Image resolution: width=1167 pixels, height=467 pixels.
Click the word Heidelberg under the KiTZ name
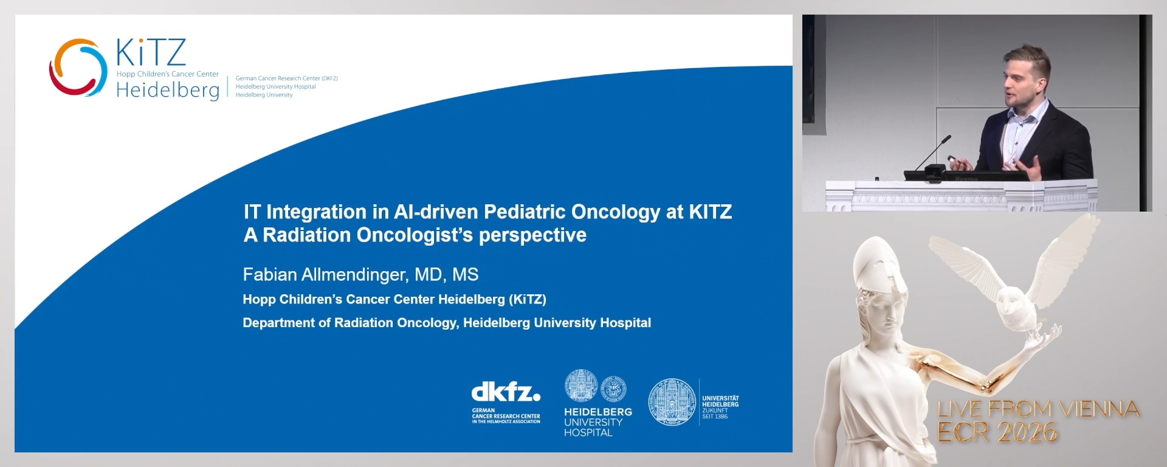168,91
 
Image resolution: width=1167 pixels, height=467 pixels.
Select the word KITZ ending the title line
710,212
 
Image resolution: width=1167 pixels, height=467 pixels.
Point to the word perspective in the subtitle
532,235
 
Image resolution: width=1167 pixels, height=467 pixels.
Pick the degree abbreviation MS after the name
466,275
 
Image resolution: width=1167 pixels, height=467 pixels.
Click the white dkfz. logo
506,392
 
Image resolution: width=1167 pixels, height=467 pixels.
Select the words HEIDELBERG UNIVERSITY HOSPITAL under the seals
598,422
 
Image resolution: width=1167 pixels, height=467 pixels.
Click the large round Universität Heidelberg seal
672,402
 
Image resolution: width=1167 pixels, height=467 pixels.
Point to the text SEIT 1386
715,417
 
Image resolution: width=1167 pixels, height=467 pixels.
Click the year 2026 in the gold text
1027,432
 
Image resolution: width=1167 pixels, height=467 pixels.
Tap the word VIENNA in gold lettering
1100,409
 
